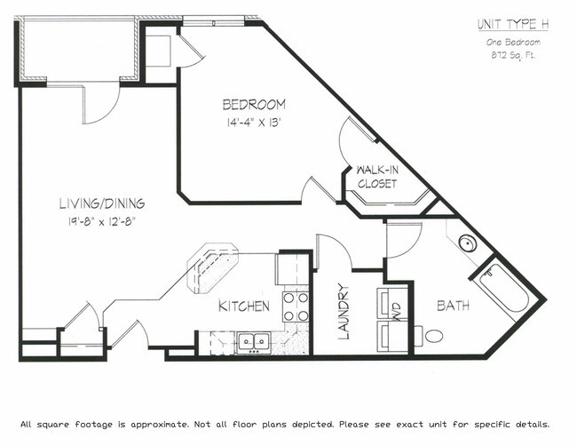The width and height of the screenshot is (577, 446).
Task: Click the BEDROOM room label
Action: point(253,103)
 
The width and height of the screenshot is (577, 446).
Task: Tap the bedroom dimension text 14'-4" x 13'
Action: point(253,123)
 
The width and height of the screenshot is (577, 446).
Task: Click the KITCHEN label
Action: point(244,307)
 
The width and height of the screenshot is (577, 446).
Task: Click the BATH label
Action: point(452,307)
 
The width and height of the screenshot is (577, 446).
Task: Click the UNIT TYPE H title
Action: point(514,24)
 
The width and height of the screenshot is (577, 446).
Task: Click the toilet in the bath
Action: point(434,337)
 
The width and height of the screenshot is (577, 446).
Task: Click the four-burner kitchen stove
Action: point(296,307)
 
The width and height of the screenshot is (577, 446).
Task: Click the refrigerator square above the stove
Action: point(291,268)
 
